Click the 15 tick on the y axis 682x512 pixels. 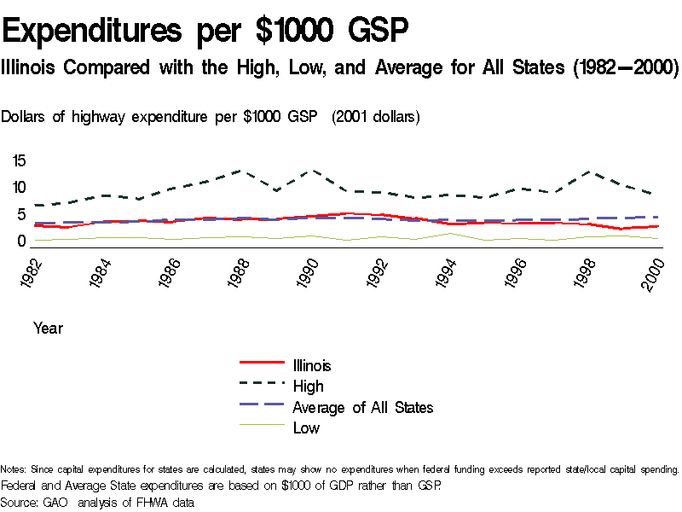(19, 161)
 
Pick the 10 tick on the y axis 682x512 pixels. (19, 188)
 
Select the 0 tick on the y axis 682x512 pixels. (23, 241)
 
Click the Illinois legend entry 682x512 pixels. (312, 365)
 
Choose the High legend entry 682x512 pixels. (308, 387)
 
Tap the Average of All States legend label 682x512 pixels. (362, 407)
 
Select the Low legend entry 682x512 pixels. (306, 428)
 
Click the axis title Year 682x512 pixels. (48, 328)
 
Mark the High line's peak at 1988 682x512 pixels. (240, 171)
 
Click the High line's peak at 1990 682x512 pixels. (309, 171)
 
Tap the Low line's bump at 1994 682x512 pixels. (448, 233)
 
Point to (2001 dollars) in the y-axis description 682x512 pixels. (375, 116)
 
